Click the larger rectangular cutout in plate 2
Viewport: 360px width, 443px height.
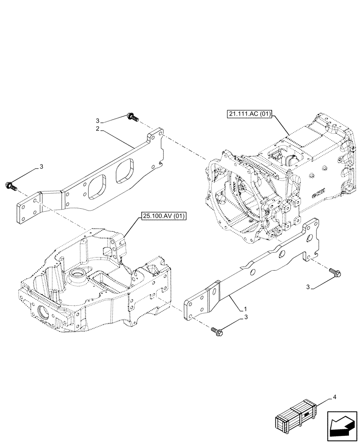97,186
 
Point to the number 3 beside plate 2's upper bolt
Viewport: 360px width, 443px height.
97,120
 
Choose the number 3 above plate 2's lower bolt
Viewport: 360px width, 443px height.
41,167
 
